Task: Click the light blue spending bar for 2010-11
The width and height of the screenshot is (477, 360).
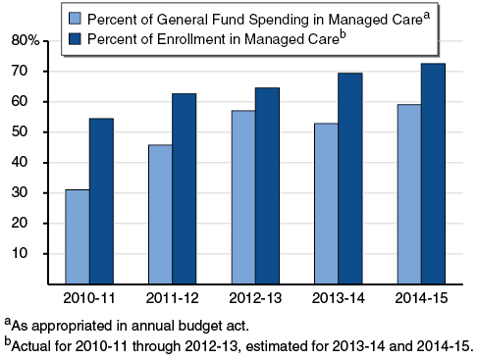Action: coord(77,236)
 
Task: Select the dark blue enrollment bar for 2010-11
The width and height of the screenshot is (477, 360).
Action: coord(101,201)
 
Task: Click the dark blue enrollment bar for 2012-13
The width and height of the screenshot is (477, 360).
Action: coord(267,185)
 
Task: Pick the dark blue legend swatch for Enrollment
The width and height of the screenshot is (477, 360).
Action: coord(73,38)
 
